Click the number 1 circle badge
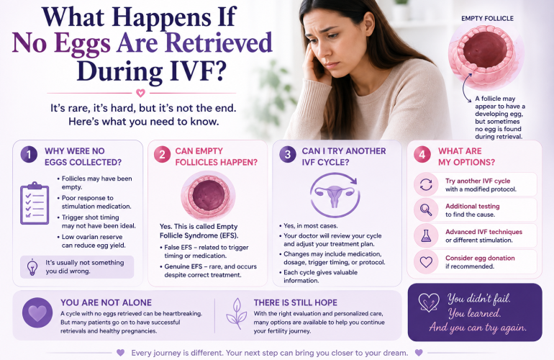[29, 155]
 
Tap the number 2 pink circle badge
[162, 155]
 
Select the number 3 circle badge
[288, 155]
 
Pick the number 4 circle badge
[422, 155]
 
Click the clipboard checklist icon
[35, 203]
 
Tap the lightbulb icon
[32, 267]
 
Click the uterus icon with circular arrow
[335, 195]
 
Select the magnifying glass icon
[426, 210]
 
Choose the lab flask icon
[426, 236]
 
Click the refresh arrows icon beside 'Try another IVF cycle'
[426, 184]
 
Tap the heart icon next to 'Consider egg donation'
[426, 262]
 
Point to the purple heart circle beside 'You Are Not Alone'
[37, 312]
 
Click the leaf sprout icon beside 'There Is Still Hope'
[237, 314]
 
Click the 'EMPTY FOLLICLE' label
[487, 19]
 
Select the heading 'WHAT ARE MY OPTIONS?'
[466, 157]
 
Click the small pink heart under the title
[140, 93]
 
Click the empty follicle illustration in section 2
[208, 196]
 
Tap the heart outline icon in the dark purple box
[429, 302]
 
